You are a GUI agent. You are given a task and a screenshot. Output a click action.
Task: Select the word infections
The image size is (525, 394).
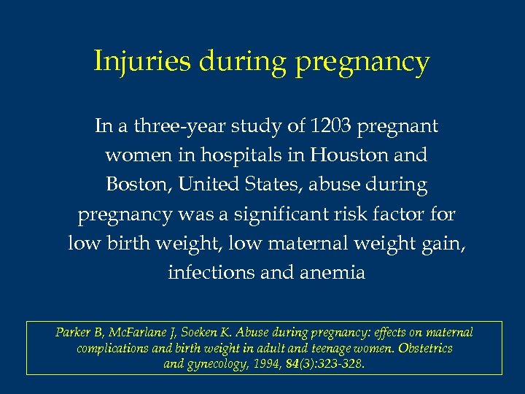[x=211, y=272]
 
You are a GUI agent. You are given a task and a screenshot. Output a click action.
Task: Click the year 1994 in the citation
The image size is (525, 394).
[x=268, y=364]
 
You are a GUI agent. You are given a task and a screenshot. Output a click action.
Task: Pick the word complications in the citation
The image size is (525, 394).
[x=112, y=349]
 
